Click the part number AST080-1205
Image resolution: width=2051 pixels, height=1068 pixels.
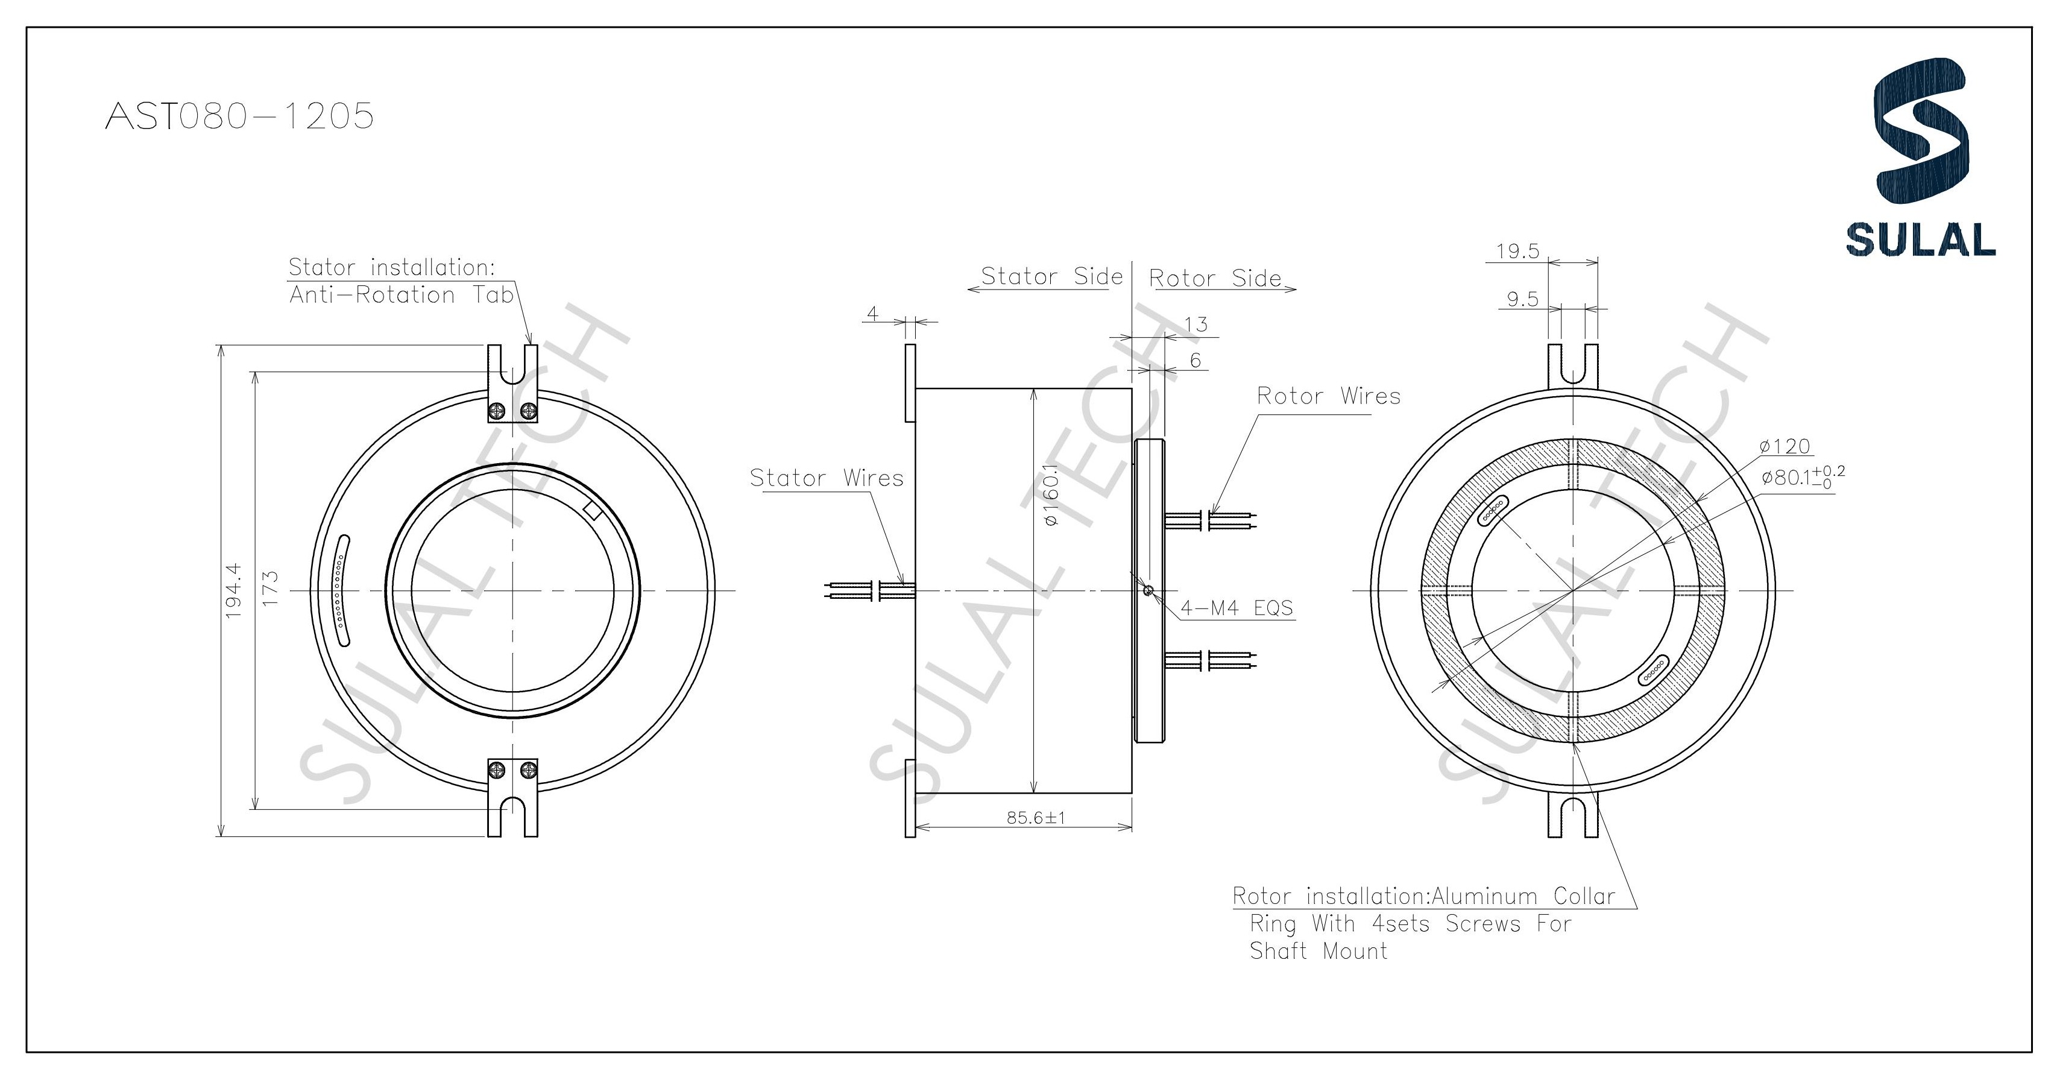(x=239, y=116)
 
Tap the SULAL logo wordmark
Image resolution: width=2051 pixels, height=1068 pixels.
(x=1920, y=239)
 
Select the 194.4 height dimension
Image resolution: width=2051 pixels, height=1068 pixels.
(x=233, y=591)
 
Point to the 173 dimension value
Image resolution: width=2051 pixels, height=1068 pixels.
(x=270, y=589)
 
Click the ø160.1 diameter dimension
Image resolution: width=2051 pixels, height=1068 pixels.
(x=1050, y=495)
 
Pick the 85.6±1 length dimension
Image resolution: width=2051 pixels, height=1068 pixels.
(x=1036, y=817)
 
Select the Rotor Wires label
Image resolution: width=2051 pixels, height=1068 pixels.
(x=1328, y=396)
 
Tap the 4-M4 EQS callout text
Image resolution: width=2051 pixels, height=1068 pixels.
(x=1237, y=608)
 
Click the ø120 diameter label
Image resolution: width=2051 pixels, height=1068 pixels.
(x=1785, y=446)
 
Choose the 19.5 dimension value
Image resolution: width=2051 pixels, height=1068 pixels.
(x=1517, y=251)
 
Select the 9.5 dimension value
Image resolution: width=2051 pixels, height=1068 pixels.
(x=1522, y=300)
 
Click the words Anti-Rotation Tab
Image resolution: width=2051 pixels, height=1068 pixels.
(x=402, y=295)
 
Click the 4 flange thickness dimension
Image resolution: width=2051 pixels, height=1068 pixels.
(x=872, y=314)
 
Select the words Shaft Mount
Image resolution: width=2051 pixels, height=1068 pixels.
(x=1318, y=951)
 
